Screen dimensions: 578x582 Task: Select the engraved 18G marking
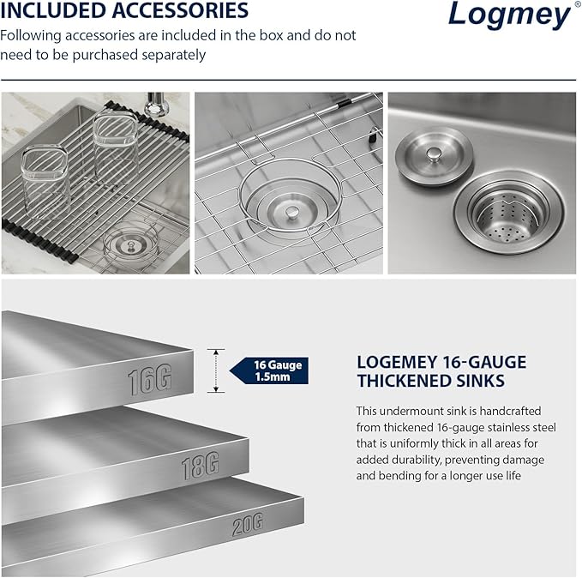pyautogui.click(x=199, y=466)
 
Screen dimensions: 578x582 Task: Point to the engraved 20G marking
pyautogui.click(x=246, y=522)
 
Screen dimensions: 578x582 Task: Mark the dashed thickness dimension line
pyautogui.click(x=217, y=370)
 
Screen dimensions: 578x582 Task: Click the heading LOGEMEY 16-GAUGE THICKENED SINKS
pyautogui.click(x=441, y=371)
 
